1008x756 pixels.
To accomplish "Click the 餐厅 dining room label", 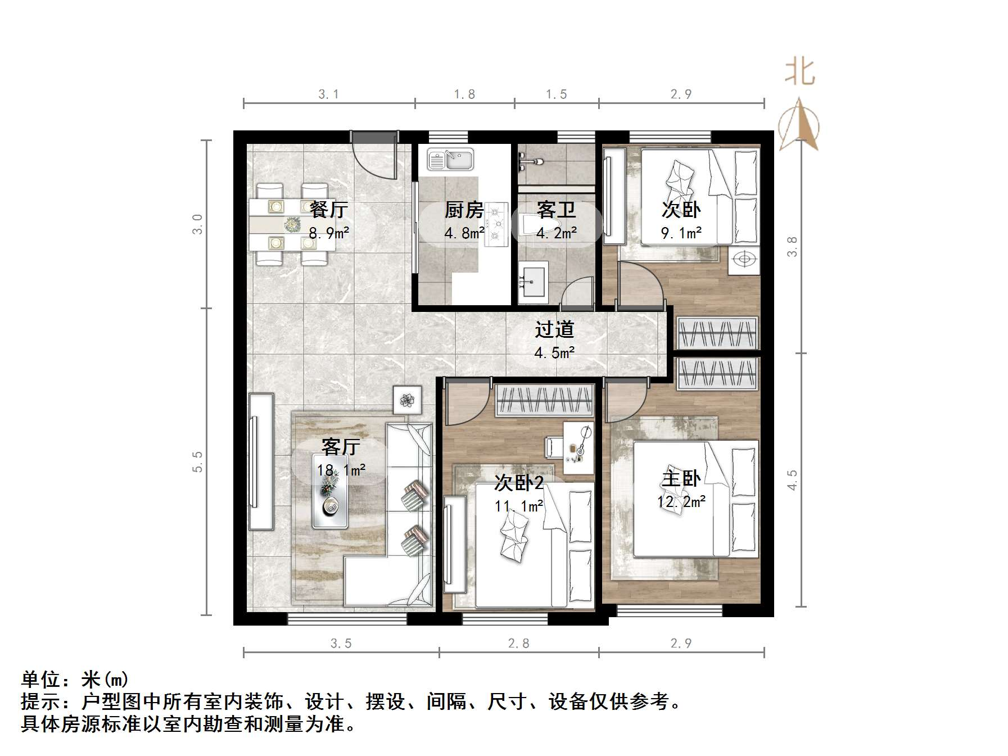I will (329, 210).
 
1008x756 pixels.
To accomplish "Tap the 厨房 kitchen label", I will (464, 210).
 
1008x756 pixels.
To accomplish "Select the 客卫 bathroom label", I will (556, 210).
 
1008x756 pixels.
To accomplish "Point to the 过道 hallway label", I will (554, 329).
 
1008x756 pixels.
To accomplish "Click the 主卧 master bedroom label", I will (681, 479).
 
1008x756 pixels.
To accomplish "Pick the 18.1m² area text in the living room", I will (341, 470).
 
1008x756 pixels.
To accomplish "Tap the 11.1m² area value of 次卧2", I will (518, 506).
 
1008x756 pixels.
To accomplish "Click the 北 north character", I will (799, 73).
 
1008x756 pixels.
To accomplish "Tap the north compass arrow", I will (799, 125).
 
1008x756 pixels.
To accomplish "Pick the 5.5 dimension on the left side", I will (197, 461).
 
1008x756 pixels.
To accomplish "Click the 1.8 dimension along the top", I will (464, 94).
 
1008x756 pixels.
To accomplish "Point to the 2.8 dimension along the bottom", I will (518, 643).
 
